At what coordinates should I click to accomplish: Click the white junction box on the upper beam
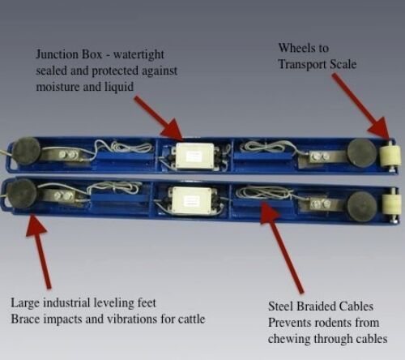tap(195, 156)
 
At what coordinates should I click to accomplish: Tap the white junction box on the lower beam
tap(190, 200)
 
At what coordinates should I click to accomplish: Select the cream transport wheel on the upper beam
tap(390, 156)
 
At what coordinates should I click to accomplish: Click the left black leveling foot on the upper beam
tap(27, 151)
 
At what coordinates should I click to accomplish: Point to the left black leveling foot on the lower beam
tap(22, 193)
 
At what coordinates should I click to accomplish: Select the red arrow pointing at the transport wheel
tap(360, 106)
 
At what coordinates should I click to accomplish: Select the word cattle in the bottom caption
tap(191, 319)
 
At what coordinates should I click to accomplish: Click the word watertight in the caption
tap(139, 55)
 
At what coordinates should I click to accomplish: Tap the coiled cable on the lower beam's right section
tap(262, 193)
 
